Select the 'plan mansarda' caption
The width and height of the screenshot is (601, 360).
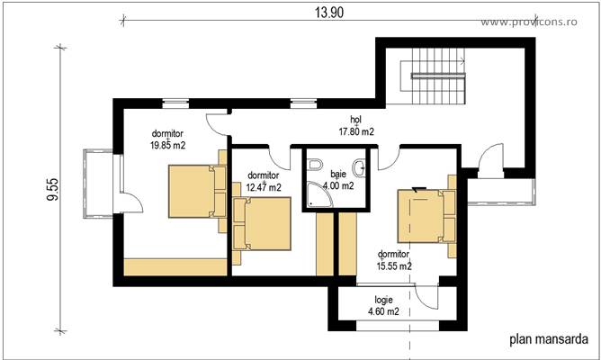(x=549, y=339)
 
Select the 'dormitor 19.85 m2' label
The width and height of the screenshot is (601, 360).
(x=168, y=138)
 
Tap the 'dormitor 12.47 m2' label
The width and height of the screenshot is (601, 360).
(x=263, y=181)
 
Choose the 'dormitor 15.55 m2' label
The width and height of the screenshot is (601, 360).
(x=394, y=259)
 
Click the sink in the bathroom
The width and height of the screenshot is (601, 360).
(x=359, y=165)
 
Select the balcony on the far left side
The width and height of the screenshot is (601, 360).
(x=96, y=185)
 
